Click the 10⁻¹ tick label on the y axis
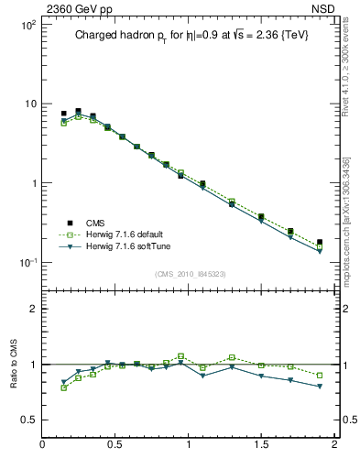coord(27,263)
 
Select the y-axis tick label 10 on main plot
coord(29,104)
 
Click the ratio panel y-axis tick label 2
coord(34,310)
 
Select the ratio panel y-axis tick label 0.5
coord(29,420)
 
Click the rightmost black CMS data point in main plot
coord(320,242)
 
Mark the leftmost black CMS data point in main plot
coord(63,114)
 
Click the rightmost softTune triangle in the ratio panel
coord(320,387)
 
